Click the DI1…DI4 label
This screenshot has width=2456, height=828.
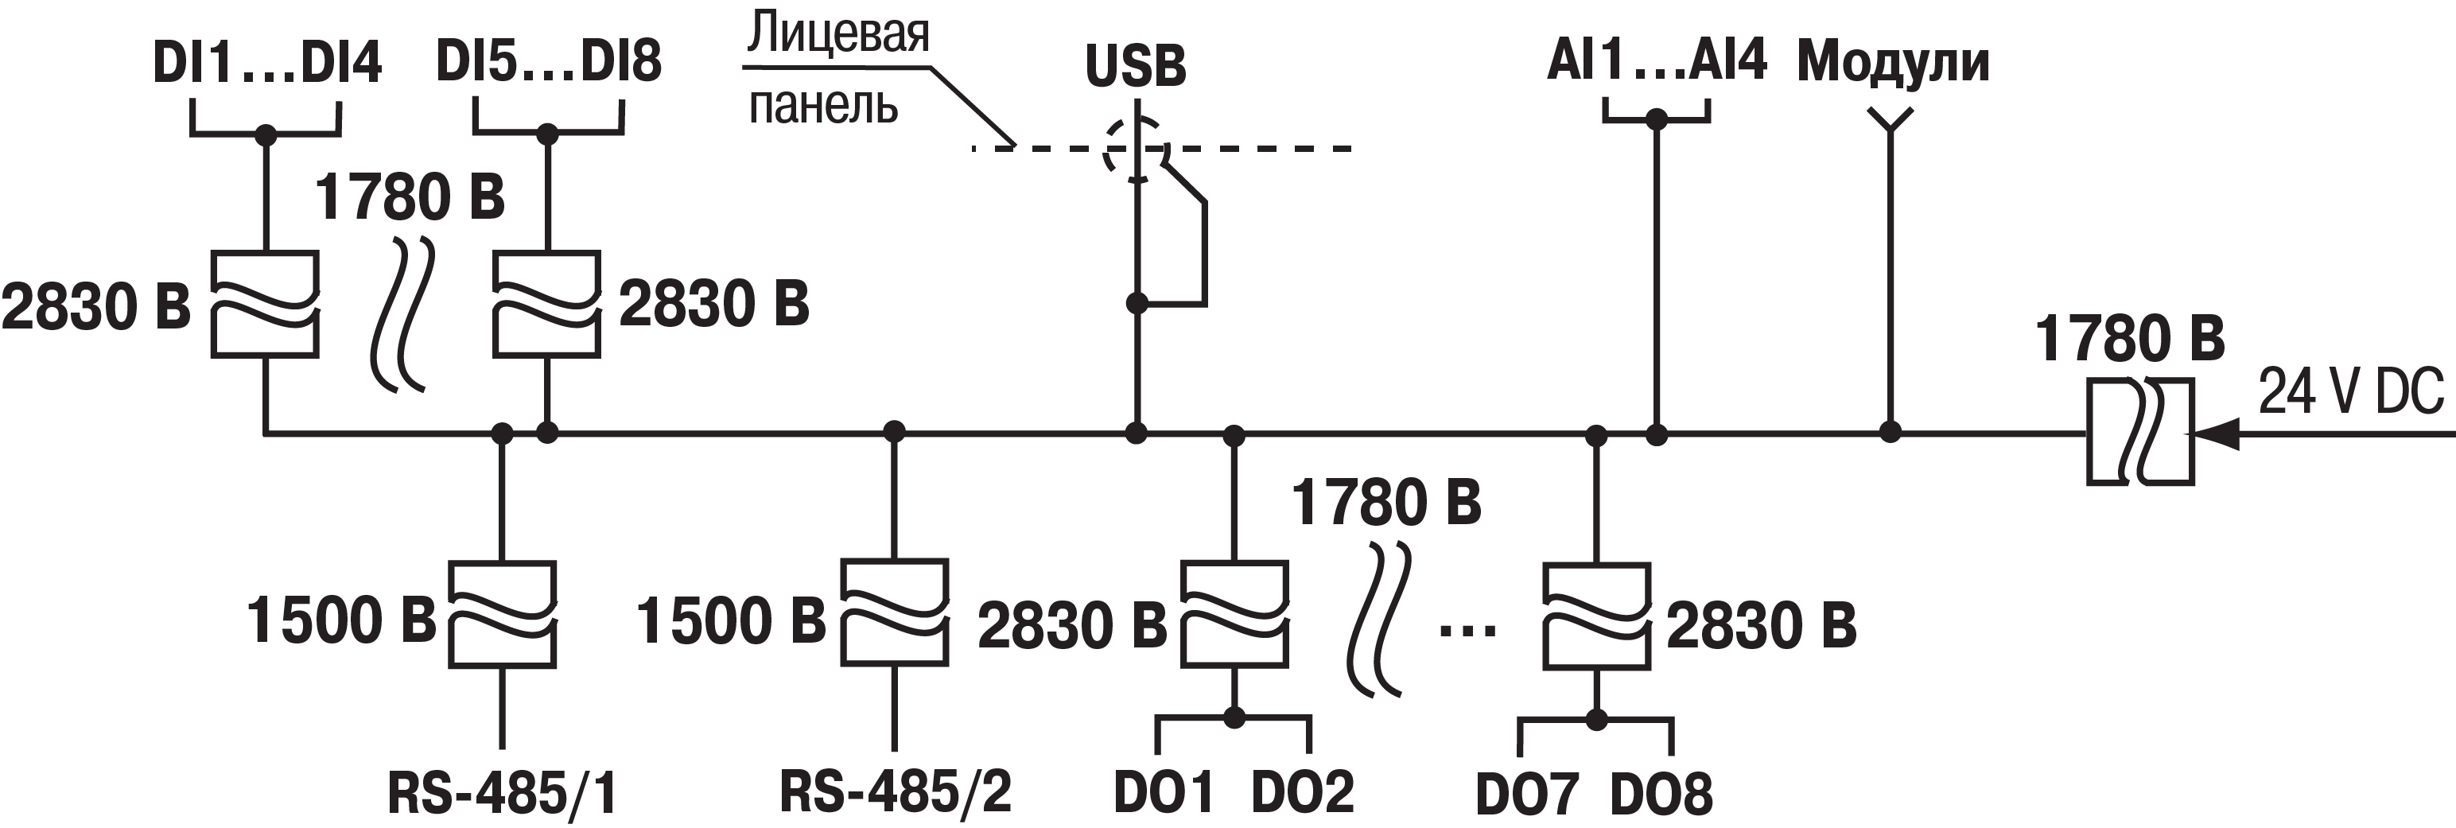click(x=267, y=63)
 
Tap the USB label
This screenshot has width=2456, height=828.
click(x=1136, y=66)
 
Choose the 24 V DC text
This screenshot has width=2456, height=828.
click(x=2350, y=391)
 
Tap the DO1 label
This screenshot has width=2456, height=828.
click(x=1163, y=791)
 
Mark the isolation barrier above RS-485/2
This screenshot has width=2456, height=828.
click(x=894, y=612)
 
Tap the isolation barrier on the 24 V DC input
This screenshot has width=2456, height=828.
click(x=2140, y=432)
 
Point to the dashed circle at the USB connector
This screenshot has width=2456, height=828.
click(x=1136, y=150)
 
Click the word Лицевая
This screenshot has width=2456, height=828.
click(x=838, y=33)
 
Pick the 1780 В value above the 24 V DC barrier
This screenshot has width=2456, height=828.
click(x=2129, y=339)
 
